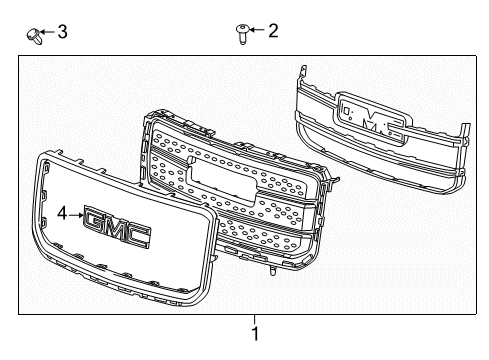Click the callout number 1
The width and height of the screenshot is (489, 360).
point(255,333)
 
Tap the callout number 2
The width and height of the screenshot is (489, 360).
point(272,31)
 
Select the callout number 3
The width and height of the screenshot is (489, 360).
point(62,32)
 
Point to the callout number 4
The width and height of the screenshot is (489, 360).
point(62,213)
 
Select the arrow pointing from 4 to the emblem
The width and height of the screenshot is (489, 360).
point(76,213)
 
